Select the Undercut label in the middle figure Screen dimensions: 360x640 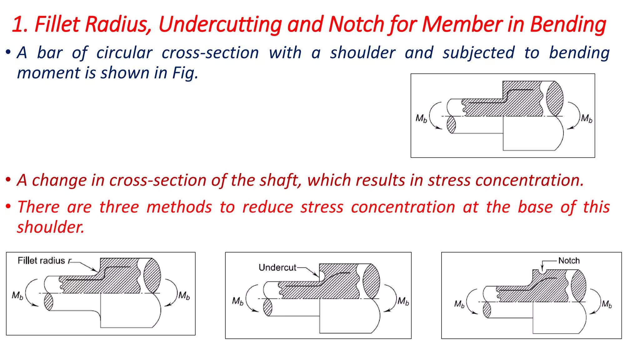(x=277, y=267)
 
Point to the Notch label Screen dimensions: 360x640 (x=569, y=261)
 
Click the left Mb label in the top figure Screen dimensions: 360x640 (x=421, y=118)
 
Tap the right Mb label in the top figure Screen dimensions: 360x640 (x=587, y=118)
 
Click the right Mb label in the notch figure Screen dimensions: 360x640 (x=607, y=304)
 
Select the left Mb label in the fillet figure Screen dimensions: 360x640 (x=17, y=295)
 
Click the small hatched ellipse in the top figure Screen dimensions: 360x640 (x=451, y=125)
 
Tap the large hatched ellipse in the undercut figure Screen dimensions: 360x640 (x=371, y=281)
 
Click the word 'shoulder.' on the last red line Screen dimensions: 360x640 (x=51, y=227)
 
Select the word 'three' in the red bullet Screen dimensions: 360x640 (x=119, y=207)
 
